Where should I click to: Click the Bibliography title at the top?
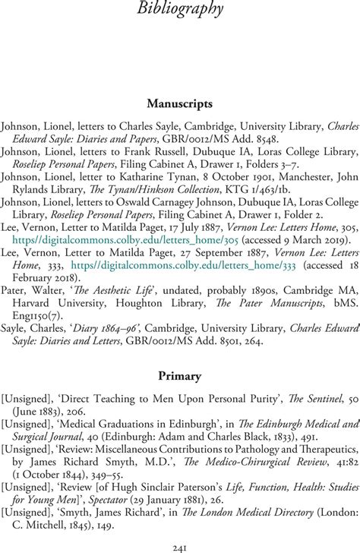pyautogui.click(x=181, y=10)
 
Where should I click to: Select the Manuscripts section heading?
pyautogui.click(x=180, y=103)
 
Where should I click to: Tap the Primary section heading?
pyautogui.click(x=180, y=353)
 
